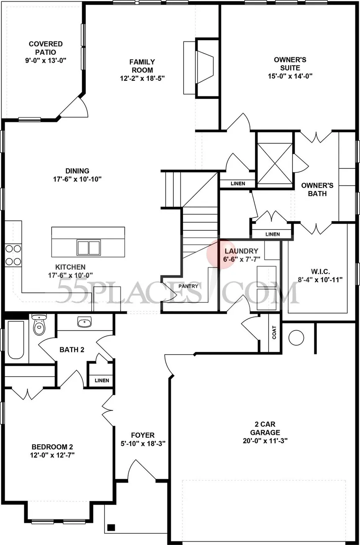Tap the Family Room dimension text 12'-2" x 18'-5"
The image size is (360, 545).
pyautogui.click(x=141, y=78)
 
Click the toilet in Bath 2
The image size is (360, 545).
pyautogui.click(x=39, y=325)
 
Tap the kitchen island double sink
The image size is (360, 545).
pyautogui.click(x=88, y=247)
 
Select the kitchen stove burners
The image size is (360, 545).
pyautogui.click(x=13, y=255)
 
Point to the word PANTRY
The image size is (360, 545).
pyautogui.click(x=188, y=286)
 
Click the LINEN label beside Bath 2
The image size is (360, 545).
pyautogui.click(x=102, y=380)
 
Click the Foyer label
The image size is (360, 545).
pyautogui.click(x=143, y=435)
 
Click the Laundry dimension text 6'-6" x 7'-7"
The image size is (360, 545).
pyautogui.click(x=242, y=259)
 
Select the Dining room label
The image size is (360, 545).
pyautogui.click(x=77, y=170)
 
